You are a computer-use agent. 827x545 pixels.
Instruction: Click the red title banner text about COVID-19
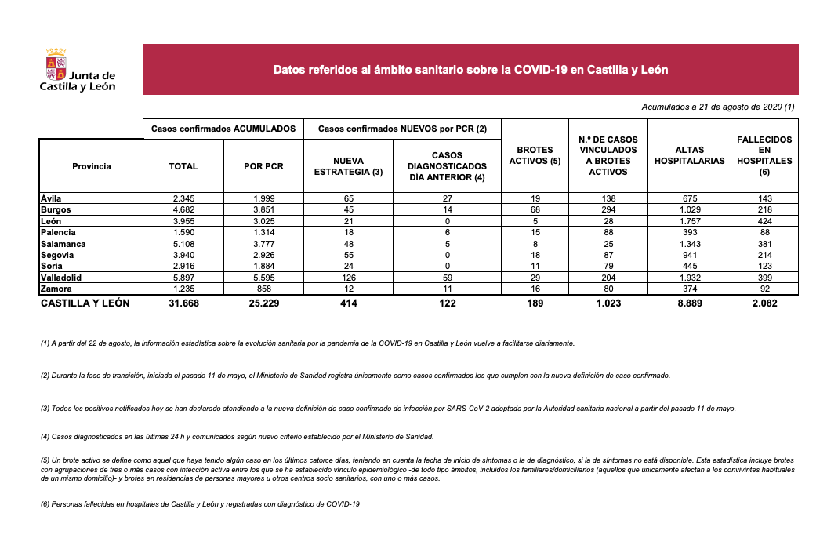pos(470,70)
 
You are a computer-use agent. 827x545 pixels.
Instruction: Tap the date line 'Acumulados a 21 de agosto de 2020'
pos(717,107)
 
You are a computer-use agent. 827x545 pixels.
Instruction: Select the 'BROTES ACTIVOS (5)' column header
pos(535,155)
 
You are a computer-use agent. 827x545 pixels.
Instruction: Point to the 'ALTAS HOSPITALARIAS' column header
pos(689,155)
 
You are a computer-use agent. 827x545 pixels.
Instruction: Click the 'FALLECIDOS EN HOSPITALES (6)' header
pos(764,155)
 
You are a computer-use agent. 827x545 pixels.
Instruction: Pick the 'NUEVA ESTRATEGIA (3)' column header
pos(348,165)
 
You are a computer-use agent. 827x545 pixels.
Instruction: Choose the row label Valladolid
pos(61,278)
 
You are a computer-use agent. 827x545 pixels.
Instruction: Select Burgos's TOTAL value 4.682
pos(183,210)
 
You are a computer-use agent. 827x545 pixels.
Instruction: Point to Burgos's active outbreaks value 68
pos(535,210)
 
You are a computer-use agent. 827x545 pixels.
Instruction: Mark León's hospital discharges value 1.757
pos(689,221)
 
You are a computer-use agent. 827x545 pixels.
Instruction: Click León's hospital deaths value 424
pos(764,221)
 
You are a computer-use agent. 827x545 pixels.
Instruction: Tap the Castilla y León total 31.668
pos(183,303)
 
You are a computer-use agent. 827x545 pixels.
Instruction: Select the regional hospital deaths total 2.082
pos(764,303)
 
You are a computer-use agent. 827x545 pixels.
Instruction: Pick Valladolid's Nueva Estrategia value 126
pos(348,278)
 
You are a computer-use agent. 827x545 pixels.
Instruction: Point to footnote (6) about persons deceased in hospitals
pos(200,503)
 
